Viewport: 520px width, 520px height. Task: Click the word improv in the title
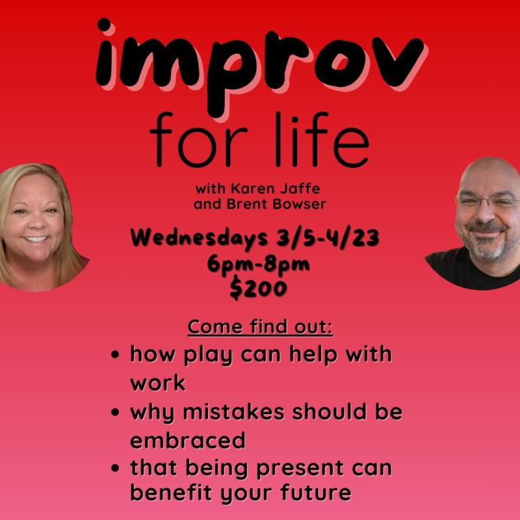pos(260,62)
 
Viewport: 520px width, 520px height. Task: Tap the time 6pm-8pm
pos(259,265)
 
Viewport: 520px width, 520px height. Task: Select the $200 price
pos(259,289)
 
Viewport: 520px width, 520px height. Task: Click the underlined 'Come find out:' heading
pos(260,327)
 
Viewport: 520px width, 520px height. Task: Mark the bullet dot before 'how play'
pos(115,356)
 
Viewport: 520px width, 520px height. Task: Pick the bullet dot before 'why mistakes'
pos(115,413)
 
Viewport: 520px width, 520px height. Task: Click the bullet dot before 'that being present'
pos(115,469)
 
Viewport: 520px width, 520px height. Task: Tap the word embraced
pos(188,440)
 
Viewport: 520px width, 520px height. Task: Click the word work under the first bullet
pos(157,383)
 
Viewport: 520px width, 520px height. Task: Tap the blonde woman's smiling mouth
pos(36,239)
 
